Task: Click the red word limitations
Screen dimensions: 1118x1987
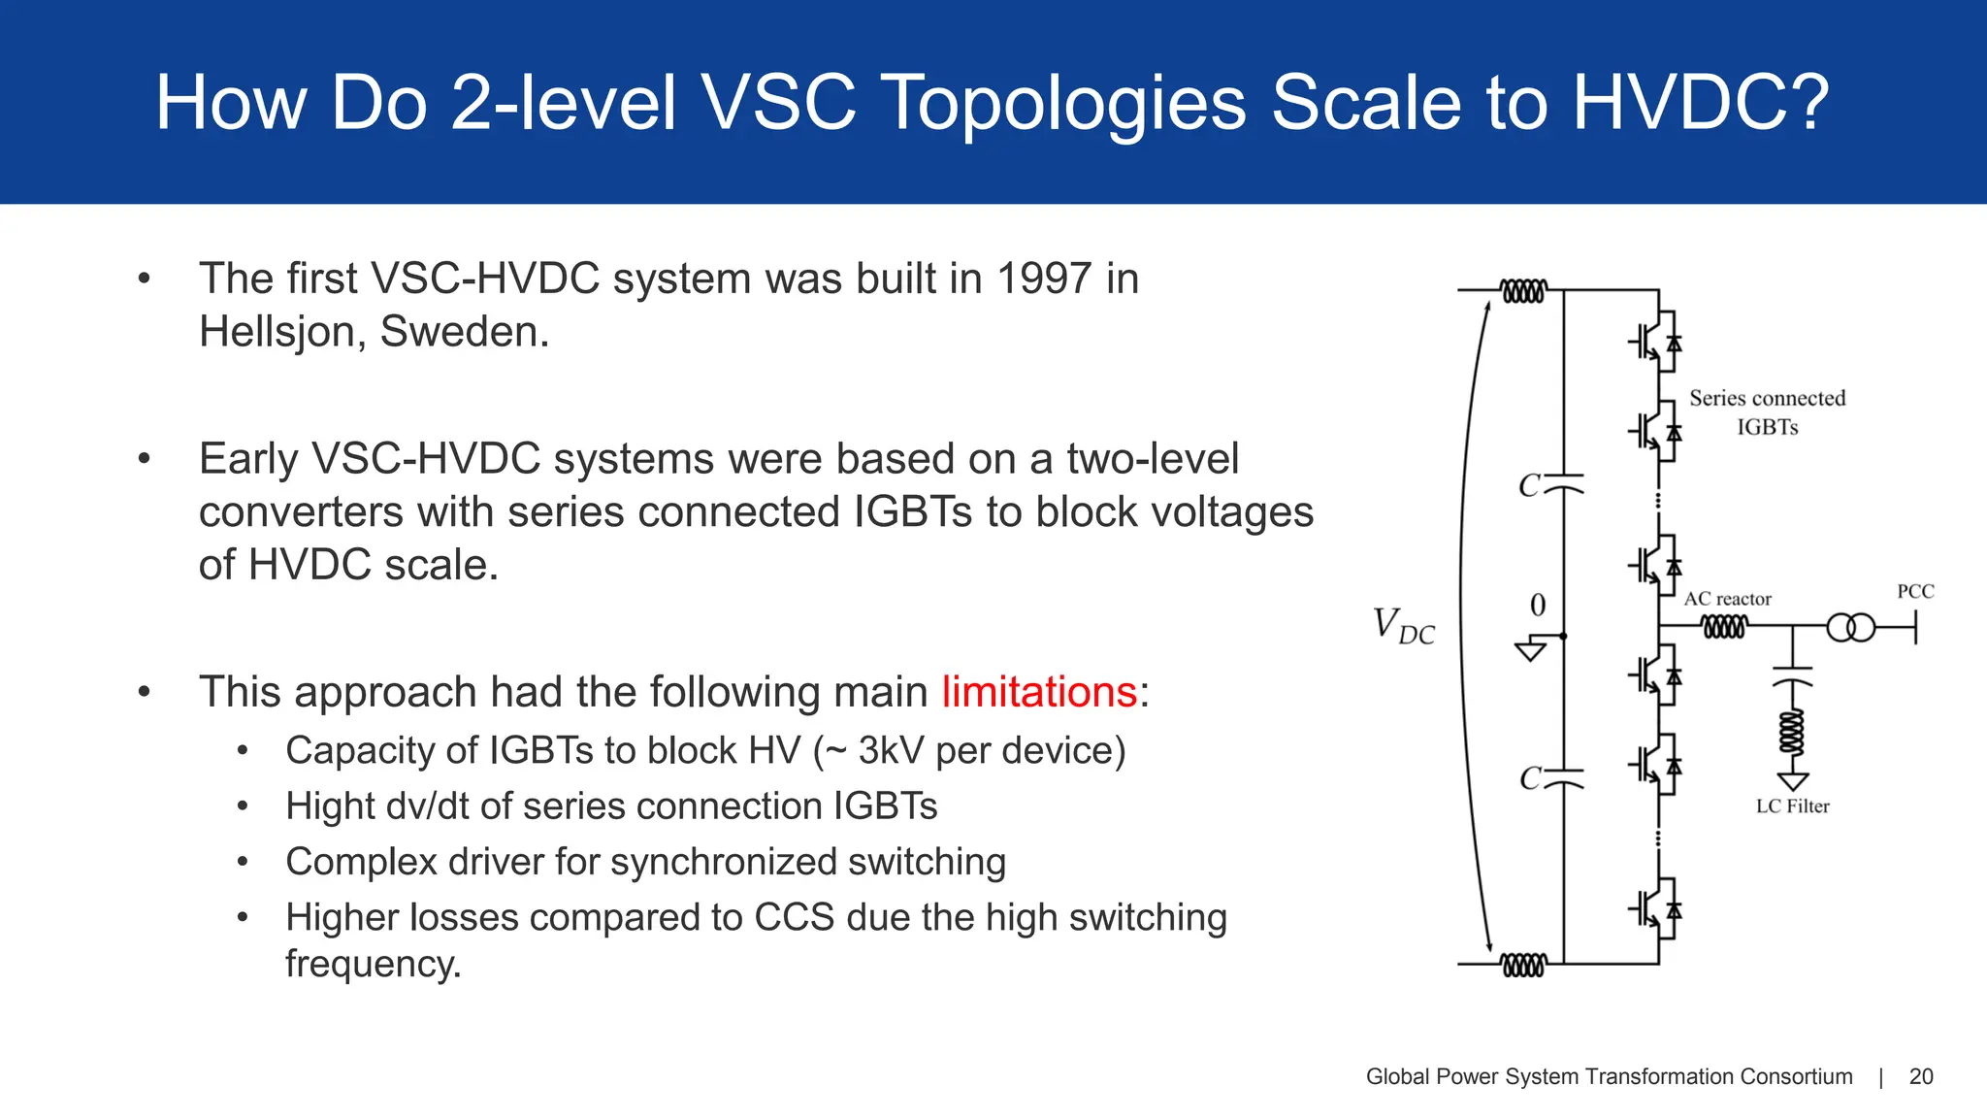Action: (x=1038, y=692)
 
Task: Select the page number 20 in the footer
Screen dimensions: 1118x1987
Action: (x=1920, y=1076)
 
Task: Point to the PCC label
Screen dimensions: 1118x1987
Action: (x=1915, y=591)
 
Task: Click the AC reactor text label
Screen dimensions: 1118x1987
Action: (x=1727, y=599)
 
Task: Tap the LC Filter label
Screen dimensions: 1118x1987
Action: (x=1792, y=806)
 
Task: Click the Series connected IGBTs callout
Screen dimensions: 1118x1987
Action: (x=1767, y=411)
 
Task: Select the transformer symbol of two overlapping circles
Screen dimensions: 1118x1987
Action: (x=1851, y=628)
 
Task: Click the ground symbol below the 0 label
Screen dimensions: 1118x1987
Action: (x=1530, y=649)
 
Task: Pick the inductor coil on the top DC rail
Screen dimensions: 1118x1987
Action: (x=1522, y=290)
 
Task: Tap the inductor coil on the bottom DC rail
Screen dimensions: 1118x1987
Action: (x=1522, y=965)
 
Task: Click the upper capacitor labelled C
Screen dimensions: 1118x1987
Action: (x=1561, y=483)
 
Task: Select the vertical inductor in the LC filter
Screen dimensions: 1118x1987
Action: (x=1792, y=733)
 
